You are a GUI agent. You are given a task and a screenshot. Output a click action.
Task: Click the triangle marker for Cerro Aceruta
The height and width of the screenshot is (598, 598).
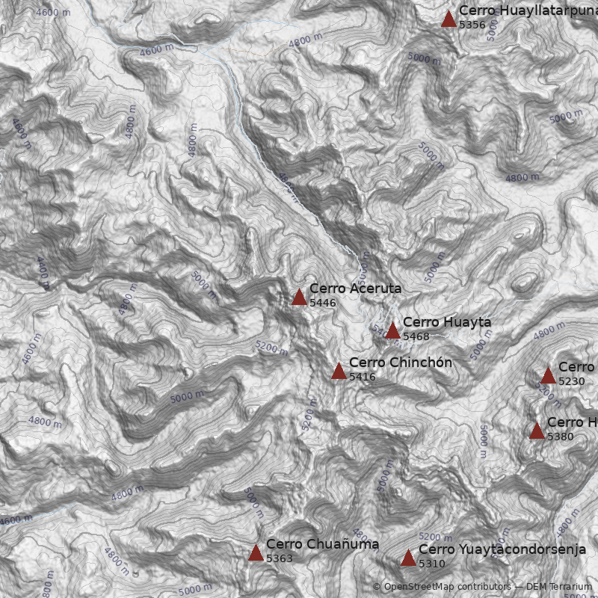[x=299, y=298]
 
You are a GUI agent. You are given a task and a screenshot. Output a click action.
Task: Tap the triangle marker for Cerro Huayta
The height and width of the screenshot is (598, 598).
[x=392, y=331]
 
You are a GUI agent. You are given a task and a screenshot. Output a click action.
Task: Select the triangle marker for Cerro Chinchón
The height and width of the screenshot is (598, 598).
[x=339, y=372]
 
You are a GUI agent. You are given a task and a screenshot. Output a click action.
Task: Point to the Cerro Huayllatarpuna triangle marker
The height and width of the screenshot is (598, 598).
[x=449, y=19]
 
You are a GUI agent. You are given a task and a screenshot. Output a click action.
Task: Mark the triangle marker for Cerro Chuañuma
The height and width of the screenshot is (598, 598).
[x=256, y=553]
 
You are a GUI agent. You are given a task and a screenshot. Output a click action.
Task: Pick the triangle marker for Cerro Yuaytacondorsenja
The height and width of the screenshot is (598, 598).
[x=408, y=558]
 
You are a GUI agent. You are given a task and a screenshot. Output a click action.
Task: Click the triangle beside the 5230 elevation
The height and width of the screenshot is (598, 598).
[x=548, y=376]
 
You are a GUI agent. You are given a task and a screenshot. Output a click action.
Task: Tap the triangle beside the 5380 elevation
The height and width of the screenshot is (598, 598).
[x=537, y=431]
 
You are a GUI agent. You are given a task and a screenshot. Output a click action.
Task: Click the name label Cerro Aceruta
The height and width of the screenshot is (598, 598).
[x=355, y=289]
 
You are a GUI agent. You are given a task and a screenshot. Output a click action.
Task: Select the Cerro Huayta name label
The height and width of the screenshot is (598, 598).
[x=447, y=322]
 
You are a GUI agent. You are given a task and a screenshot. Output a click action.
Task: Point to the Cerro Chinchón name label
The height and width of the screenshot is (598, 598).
[x=401, y=363]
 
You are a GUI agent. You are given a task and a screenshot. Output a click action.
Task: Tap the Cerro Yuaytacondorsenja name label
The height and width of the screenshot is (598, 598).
[x=502, y=549]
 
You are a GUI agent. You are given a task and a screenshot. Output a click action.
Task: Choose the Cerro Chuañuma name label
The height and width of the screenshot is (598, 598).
[x=322, y=544]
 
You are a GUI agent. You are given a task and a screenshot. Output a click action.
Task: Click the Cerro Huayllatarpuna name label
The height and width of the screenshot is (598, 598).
[x=528, y=10]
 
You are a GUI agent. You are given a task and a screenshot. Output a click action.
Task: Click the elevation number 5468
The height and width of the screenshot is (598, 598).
[x=416, y=337]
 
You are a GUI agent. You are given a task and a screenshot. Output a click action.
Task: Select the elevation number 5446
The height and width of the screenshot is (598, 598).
[x=323, y=303]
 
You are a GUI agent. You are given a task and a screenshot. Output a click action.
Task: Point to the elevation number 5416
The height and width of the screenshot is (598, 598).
[x=363, y=377]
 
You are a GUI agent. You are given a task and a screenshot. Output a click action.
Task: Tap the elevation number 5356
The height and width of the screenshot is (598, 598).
[x=472, y=25]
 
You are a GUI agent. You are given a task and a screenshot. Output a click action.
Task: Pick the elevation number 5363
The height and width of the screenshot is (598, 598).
[x=280, y=558]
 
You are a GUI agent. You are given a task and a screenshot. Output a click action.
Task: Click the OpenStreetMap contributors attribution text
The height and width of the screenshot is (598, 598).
[x=441, y=587]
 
